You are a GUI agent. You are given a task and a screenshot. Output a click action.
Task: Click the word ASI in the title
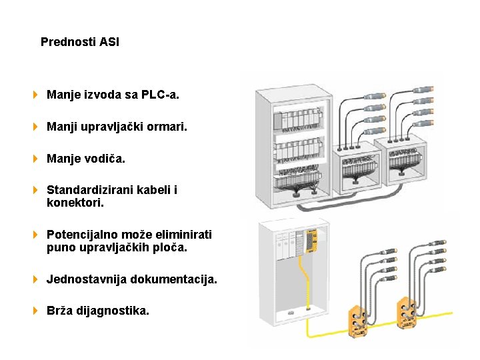point(109,42)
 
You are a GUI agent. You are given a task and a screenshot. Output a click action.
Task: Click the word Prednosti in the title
point(68,42)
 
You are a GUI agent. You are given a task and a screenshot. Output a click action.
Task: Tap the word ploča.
point(172,248)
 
